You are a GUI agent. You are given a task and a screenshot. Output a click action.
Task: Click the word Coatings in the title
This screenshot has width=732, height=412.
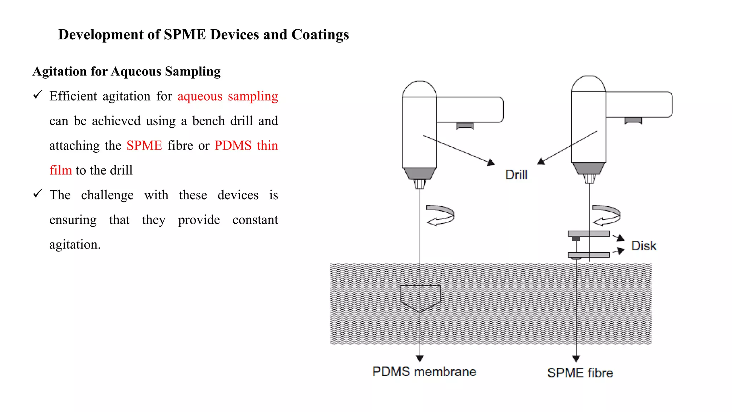(320, 35)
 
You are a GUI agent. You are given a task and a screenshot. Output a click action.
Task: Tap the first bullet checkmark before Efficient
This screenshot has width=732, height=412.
(38, 95)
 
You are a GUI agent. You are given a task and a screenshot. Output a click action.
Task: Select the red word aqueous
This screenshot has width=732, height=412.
(200, 96)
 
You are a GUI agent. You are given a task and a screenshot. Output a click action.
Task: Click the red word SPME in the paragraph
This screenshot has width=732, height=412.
(144, 146)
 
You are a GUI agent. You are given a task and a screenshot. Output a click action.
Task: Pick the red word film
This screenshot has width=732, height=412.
(60, 170)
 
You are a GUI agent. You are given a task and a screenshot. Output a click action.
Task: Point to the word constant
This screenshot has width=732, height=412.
(255, 220)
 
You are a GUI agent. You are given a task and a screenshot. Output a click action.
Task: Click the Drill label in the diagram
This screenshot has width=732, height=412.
(516, 175)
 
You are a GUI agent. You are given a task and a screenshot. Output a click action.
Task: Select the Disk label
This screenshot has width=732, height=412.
(643, 246)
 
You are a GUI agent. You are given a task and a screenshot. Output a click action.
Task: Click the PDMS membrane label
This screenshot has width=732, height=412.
(424, 372)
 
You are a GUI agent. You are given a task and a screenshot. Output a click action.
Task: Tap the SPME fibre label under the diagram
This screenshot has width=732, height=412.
(580, 373)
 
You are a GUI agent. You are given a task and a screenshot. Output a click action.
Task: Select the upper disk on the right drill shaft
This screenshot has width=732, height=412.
(588, 234)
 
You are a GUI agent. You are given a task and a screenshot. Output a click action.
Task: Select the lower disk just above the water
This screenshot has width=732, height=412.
(588, 255)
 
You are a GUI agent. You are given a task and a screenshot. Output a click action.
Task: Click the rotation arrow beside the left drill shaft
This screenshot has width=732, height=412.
(440, 215)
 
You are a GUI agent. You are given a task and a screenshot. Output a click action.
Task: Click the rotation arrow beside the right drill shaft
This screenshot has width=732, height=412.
(606, 215)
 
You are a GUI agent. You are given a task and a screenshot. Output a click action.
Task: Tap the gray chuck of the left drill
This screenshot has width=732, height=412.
(420, 173)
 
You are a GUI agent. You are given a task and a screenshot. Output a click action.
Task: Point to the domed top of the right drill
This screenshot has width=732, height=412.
(588, 84)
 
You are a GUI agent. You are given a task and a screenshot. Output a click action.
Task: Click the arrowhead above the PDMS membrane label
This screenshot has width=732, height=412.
(420, 358)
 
